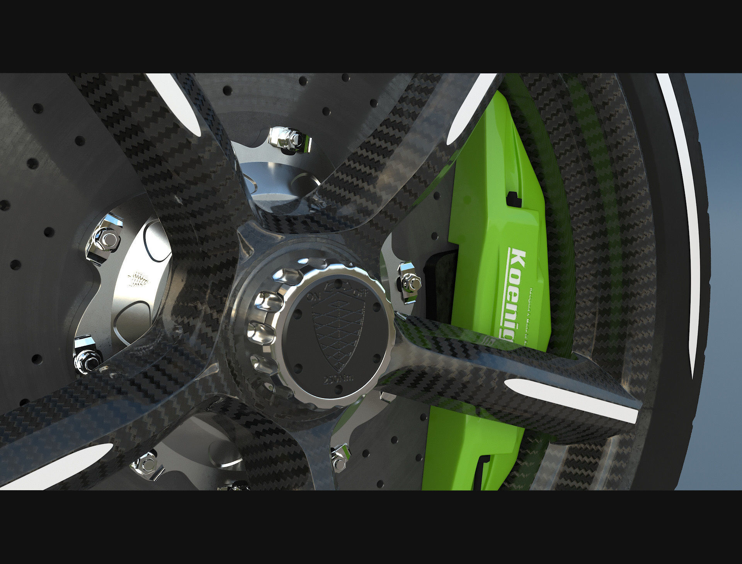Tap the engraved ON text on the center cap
point(312,297)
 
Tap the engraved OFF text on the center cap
point(361,292)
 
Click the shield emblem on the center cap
point(337,332)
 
